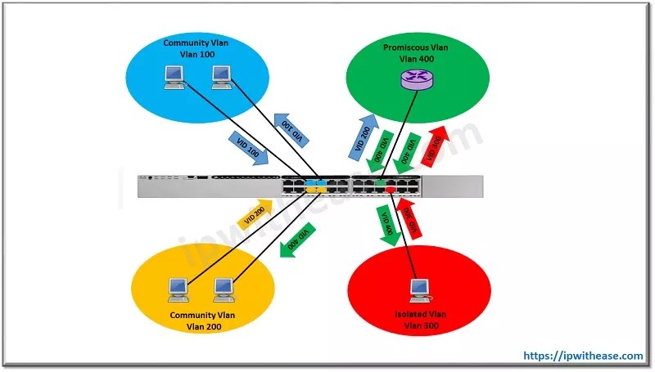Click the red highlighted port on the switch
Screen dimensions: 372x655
391,190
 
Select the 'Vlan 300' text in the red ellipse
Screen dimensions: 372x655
418,325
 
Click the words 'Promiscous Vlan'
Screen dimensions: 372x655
416,48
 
